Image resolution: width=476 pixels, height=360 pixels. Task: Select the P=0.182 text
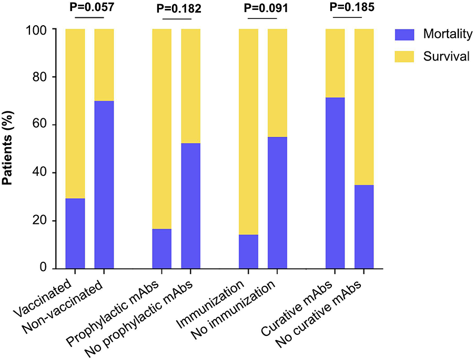pyautogui.click(x=176, y=9)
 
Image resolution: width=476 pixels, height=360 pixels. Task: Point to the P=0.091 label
pyautogui.click(x=263, y=9)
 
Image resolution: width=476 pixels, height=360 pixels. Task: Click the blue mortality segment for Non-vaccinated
pyautogui.click(x=104, y=184)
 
